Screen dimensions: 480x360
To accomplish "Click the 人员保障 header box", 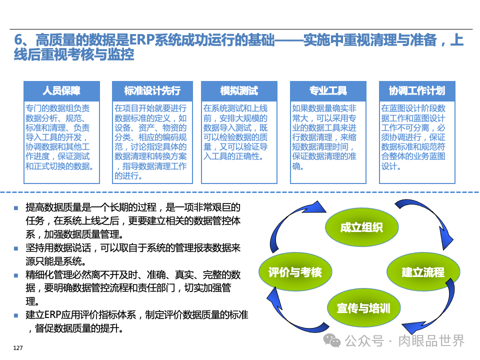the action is click(61, 90).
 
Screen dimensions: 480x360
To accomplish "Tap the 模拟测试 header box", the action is click(239, 90).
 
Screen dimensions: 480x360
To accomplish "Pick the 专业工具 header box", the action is click(328, 90).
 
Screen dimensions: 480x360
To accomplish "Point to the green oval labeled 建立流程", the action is click(423, 272).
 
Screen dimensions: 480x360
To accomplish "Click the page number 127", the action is click(18, 347).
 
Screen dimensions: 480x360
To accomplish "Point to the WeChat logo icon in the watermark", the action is click(331, 341).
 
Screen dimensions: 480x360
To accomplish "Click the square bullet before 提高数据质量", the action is click(16, 208).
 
